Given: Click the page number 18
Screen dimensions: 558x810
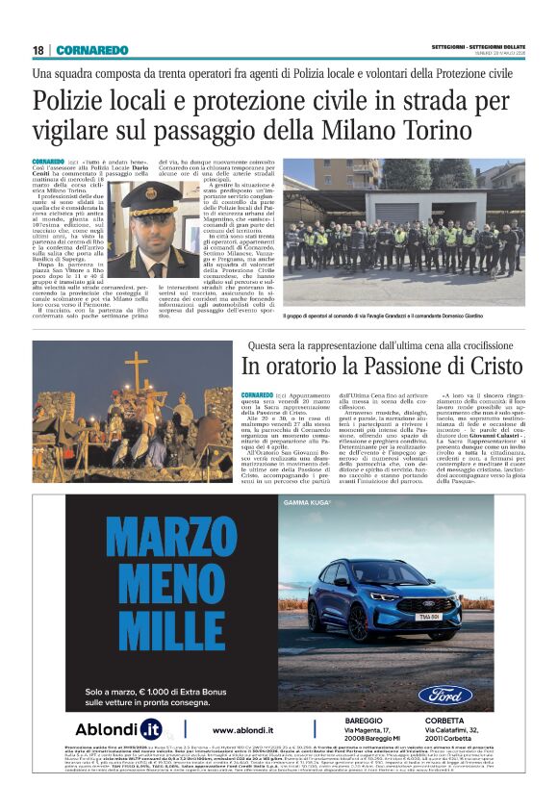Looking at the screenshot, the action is (x=38, y=50).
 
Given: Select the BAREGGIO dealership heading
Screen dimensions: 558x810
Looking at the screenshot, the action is (x=364, y=720).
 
